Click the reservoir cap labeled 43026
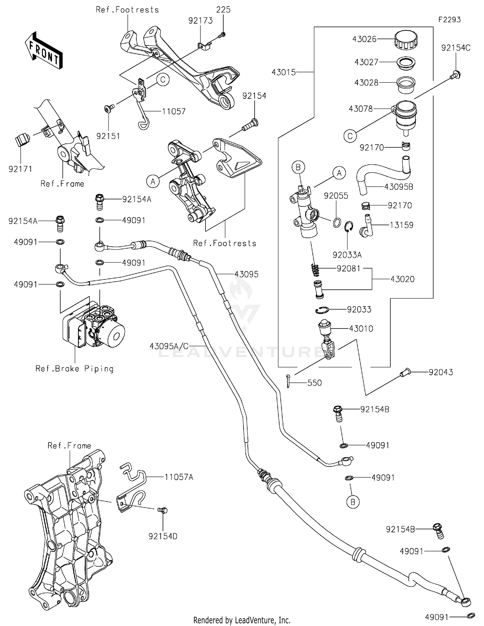click(x=406, y=39)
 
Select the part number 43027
click(x=366, y=62)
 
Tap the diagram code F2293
click(x=449, y=20)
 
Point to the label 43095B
click(x=398, y=187)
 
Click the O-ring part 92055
click(x=337, y=222)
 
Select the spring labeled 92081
click(x=316, y=270)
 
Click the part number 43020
click(x=402, y=279)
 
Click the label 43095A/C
click(x=169, y=346)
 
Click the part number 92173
click(x=200, y=21)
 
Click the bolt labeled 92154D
click(x=163, y=510)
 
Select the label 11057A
click(x=179, y=477)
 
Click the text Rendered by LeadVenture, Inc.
click(x=242, y=620)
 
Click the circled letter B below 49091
click(x=353, y=502)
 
